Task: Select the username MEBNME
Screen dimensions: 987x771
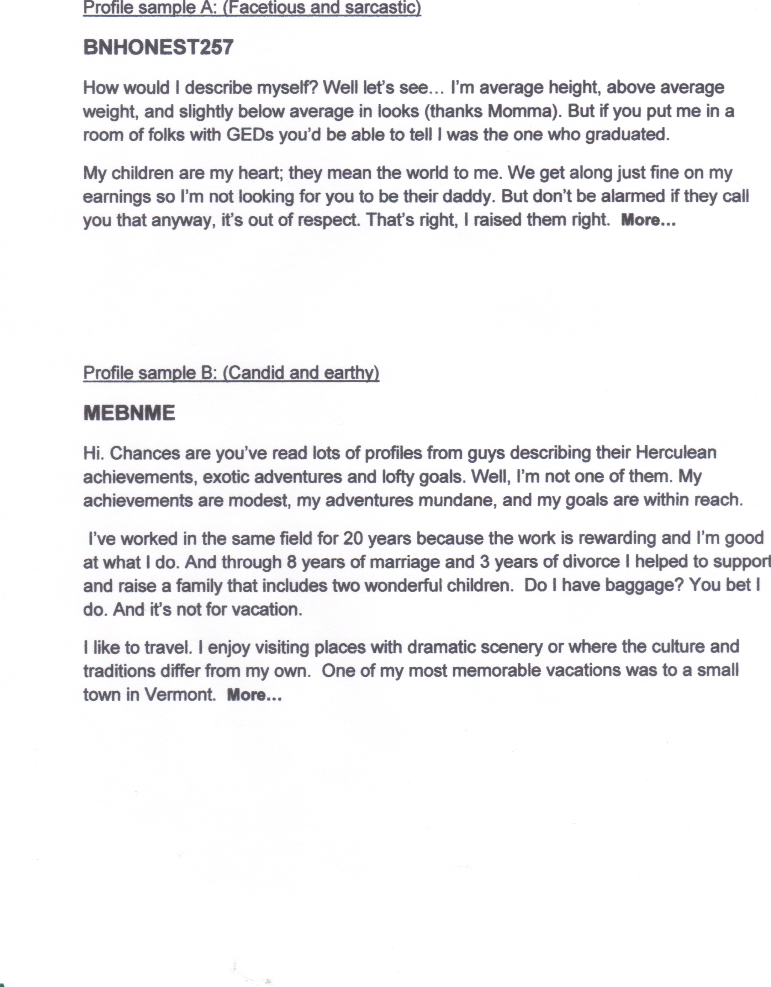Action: [129, 413]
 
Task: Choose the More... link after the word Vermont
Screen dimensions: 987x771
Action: [254, 695]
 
